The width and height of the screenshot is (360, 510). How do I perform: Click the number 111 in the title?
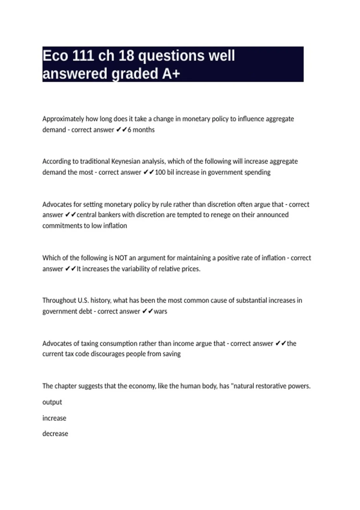coord(83,56)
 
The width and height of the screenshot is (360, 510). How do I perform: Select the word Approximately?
coord(63,119)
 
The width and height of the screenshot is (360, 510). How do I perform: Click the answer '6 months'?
coord(141,130)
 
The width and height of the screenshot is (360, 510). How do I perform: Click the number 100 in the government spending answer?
coord(160,172)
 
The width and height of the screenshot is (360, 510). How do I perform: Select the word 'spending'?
coord(257,172)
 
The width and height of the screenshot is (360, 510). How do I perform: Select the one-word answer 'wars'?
coord(160,311)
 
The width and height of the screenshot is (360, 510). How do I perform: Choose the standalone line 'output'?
coord(52,402)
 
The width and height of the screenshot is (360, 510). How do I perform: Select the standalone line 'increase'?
coord(54,418)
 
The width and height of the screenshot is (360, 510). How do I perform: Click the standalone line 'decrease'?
coord(55,434)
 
